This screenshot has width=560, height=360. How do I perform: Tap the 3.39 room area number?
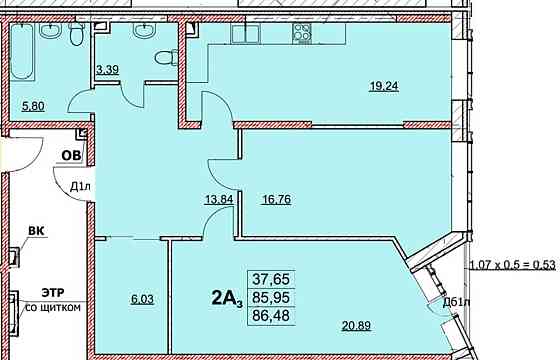pos(107,70)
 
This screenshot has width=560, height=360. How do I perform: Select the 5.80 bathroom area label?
pos(32,103)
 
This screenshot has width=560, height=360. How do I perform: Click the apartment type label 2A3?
pos(229,298)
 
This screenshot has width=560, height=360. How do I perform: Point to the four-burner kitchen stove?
pos(302,33)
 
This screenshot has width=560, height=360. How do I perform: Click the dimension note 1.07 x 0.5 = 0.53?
pos(514,264)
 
